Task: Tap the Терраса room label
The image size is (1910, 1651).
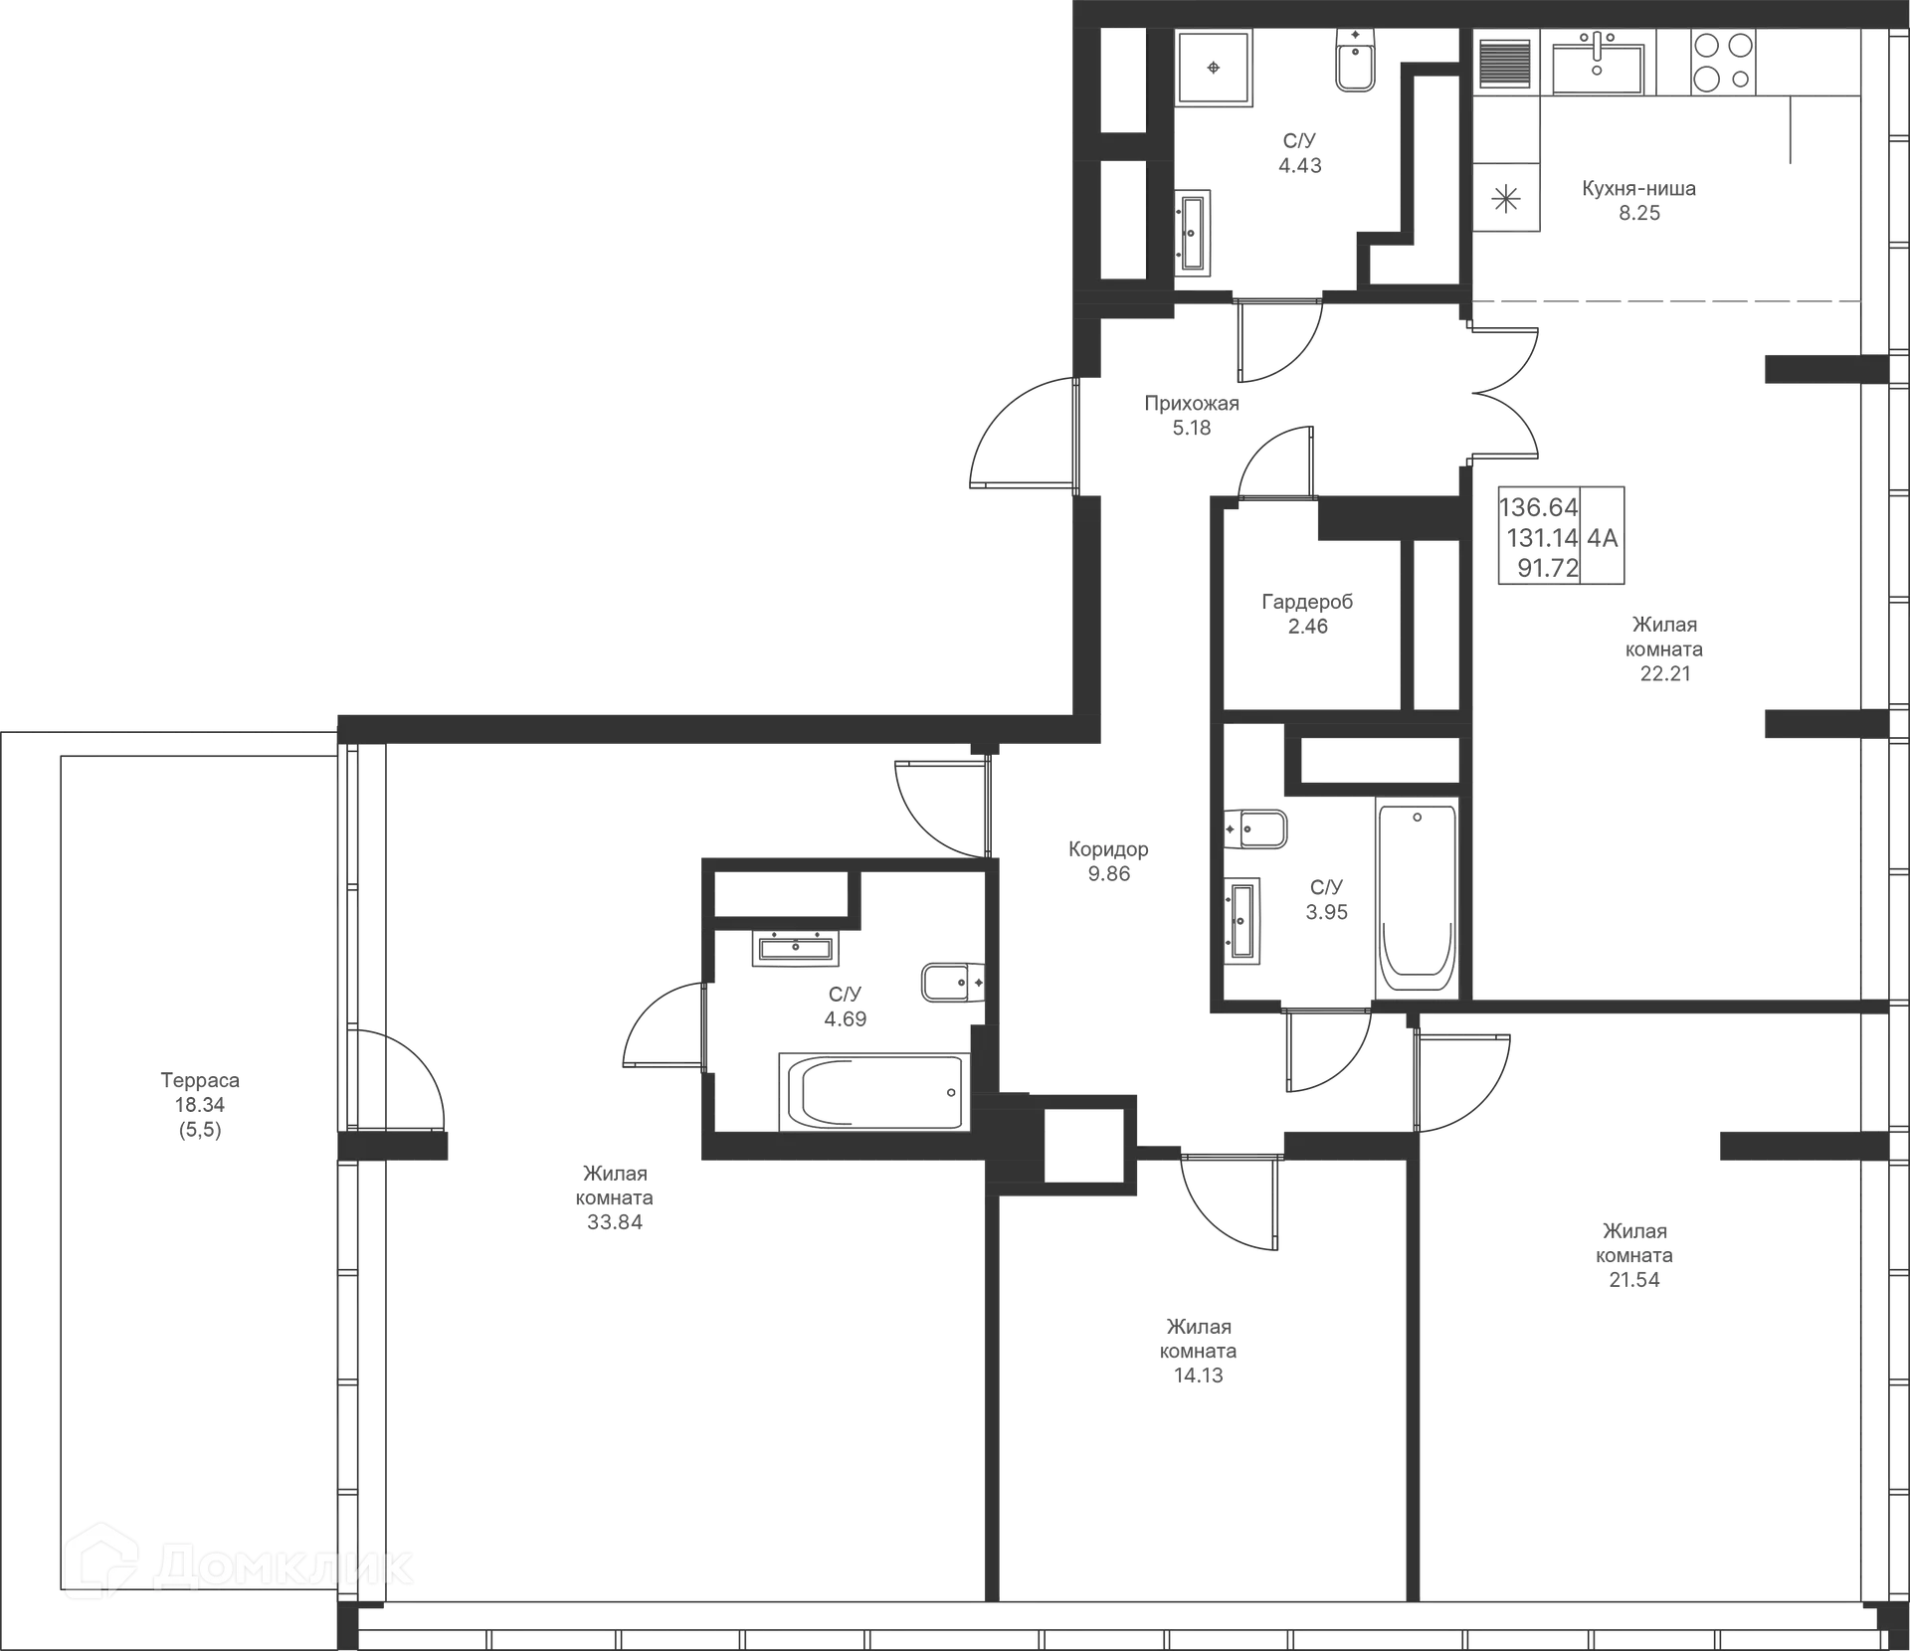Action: coord(200,1081)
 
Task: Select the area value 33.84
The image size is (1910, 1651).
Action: coord(615,1221)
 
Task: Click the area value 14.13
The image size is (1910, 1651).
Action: coord(1197,1376)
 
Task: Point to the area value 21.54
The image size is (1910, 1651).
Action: coord(1634,1279)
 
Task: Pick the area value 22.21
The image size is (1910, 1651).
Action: coord(1666,673)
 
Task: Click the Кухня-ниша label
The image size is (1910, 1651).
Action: coord(1638,188)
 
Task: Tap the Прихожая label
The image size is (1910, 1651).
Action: coord(1192,404)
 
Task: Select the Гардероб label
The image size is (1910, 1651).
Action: coord(1307,602)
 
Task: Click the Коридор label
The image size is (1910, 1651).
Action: coord(1108,849)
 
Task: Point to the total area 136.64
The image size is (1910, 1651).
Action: coord(1538,507)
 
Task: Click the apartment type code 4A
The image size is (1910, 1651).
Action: coord(1604,538)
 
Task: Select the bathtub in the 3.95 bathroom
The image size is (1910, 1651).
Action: coord(1417,895)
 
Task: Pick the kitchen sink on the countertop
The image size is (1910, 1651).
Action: coord(1598,62)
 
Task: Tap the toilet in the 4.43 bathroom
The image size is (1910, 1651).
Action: coord(1355,60)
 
